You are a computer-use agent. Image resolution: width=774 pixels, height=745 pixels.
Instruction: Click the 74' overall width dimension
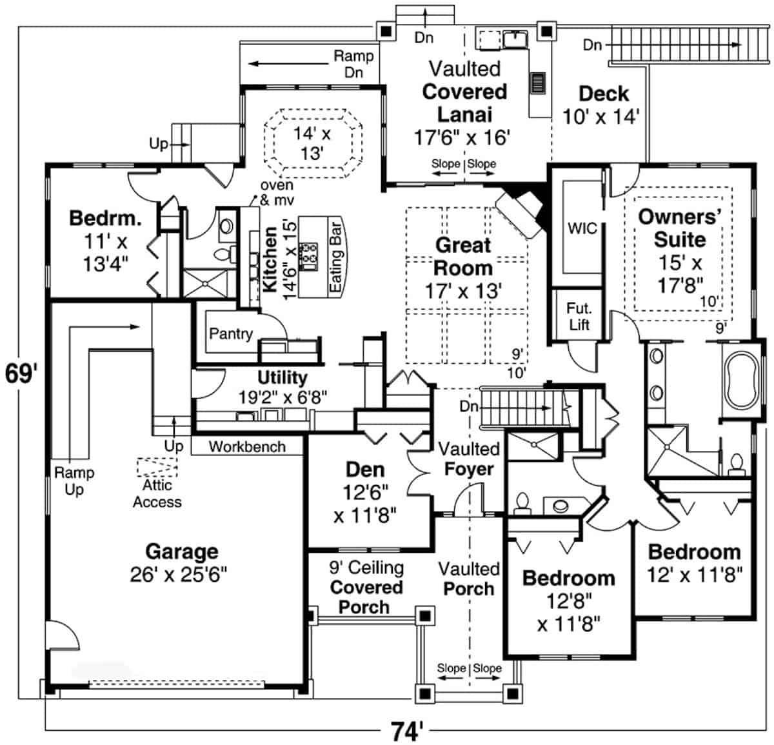point(407,731)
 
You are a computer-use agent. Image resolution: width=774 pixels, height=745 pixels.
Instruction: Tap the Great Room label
point(463,256)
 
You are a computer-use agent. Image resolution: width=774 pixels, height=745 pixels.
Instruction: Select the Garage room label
point(182,551)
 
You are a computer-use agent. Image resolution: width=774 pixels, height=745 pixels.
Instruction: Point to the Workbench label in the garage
point(247,446)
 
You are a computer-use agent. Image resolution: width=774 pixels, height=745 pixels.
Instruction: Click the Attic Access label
point(157,493)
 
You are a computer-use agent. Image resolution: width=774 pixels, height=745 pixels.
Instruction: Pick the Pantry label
point(230,333)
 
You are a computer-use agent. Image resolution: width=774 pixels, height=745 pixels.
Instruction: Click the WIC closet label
point(582,228)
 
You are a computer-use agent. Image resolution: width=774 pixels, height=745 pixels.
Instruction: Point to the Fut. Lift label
point(579,316)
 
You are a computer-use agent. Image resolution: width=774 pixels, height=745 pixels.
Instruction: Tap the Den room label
point(365,470)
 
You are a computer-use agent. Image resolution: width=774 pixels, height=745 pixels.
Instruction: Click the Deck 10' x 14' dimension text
point(601,117)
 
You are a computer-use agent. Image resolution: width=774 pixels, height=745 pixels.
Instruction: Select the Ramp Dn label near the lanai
point(353,64)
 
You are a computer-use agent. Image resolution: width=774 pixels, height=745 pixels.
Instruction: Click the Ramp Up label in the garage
point(74,481)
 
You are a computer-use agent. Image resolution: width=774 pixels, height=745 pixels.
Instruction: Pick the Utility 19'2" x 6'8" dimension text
point(283,397)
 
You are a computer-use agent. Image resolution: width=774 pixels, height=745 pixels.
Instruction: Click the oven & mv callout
point(276,193)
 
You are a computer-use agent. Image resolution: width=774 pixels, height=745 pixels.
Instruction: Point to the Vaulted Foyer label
point(469,459)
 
